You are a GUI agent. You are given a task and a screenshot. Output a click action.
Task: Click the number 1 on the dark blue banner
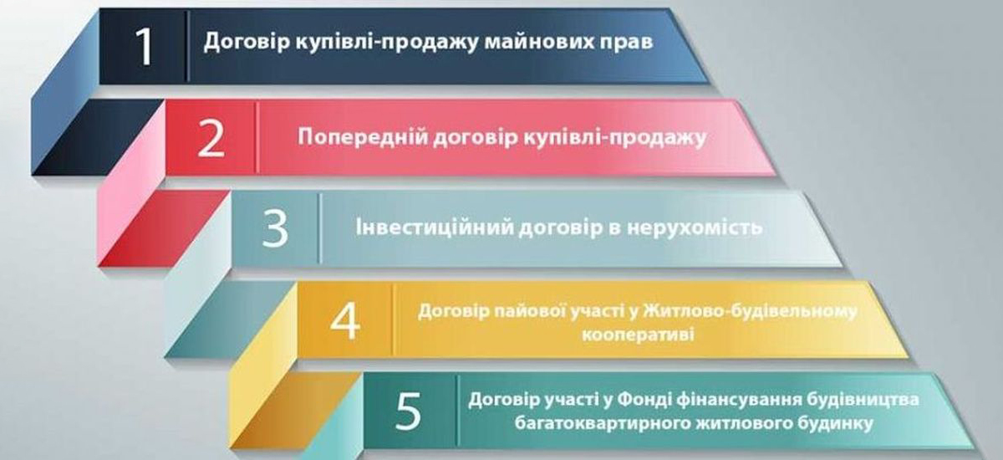click(x=144, y=47)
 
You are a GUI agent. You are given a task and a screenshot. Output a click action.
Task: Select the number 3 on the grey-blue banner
click(x=275, y=228)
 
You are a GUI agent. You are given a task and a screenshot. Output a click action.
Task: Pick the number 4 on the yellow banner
click(x=345, y=320)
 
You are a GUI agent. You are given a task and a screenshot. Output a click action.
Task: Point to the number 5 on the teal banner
click(x=409, y=411)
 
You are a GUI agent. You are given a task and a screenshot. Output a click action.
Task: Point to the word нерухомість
click(x=695, y=227)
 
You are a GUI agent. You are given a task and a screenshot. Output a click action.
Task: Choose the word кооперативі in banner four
click(x=638, y=335)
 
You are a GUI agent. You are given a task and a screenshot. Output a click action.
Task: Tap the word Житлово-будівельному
click(x=750, y=312)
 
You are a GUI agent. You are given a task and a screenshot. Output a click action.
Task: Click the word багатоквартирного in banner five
click(x=603, y=424)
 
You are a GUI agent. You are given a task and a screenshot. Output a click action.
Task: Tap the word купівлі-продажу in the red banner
click(x=614, y=138)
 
